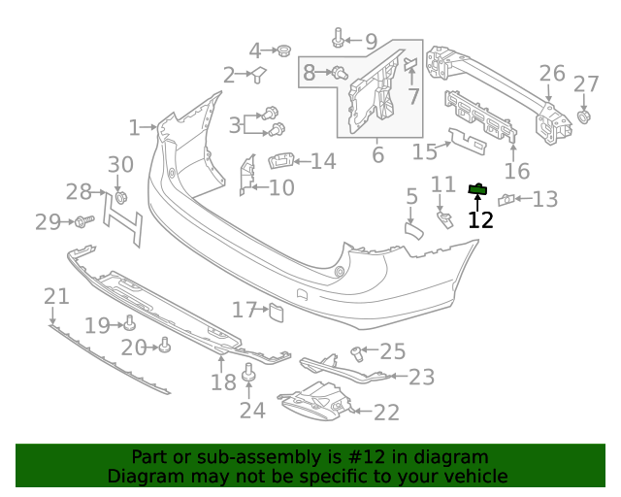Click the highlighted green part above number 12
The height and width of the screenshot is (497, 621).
point(476,189)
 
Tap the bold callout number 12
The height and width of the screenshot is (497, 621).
point(480,220)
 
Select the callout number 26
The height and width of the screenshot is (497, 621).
point(551,74)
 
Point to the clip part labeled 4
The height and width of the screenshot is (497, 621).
point(284,50)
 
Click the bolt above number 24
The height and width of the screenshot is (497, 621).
point(248,371)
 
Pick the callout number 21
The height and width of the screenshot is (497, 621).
point(56,296)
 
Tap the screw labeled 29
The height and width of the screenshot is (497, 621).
point(83,222)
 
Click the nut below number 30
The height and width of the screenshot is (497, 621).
point(121,198)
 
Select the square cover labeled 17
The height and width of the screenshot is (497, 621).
point(276,311)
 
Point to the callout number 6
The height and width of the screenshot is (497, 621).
point(377,154)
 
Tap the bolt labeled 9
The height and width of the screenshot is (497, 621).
point(338,38)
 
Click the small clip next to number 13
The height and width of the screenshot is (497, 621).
point(506,200)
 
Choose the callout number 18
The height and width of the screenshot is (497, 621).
point(223,381)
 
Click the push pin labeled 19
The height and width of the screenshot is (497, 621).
point(129,323)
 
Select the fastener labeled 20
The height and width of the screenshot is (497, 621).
point(164,345)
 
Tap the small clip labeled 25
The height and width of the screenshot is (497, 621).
point(357,350)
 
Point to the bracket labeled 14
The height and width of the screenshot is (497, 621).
point(280,161)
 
